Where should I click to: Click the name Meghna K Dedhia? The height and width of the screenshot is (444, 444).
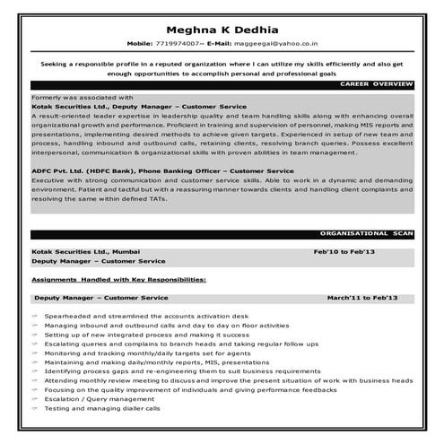pyautogui.click(x=222, y=25)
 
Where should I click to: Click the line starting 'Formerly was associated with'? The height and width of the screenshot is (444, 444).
pyautogui.click(x=82, y=95)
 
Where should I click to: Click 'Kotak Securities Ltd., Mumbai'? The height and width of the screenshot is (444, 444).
pyautogui.click(x=85, y=252)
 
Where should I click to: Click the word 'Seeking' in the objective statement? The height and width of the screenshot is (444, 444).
pyautogui.click(x=57, y=65)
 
